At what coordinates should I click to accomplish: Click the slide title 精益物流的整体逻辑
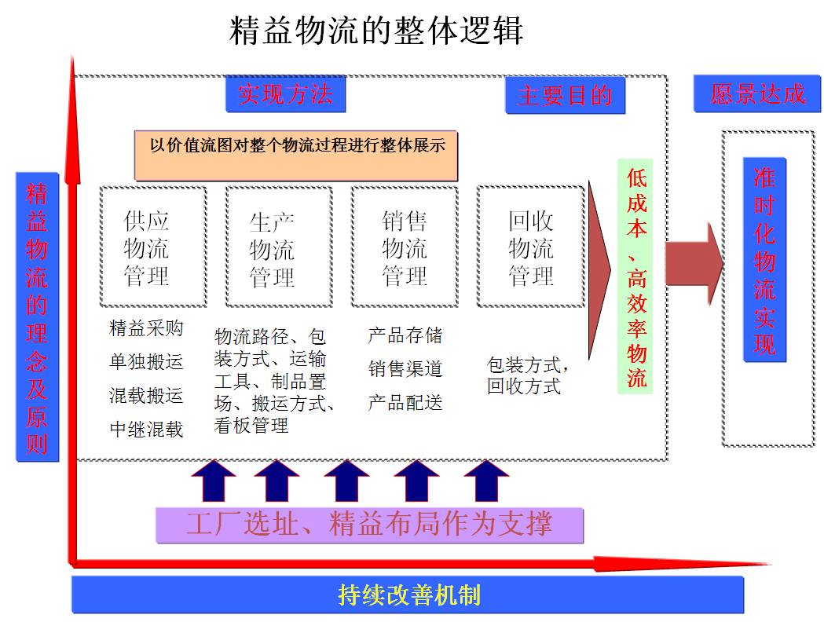point(377,32)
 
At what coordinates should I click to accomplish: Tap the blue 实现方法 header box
point(286,94)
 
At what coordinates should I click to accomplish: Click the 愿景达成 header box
point(757,94)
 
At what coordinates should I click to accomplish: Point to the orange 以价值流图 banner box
point(296,155)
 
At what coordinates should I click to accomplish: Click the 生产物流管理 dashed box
point(278,246)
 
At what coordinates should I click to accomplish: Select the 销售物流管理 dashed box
point(404,246)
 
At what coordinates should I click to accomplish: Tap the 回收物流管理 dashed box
point(530,246)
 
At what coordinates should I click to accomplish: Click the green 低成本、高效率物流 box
point(636,277)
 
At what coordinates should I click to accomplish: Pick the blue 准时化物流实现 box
point(764,260)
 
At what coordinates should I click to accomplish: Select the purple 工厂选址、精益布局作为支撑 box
point(369,525)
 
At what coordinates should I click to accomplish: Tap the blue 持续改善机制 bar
point(408,595)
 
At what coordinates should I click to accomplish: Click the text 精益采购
point(146,328)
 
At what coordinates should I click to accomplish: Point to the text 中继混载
point(146,429)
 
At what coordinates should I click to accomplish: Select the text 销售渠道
point(405,368)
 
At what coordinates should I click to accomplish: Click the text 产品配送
point(405,402)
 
